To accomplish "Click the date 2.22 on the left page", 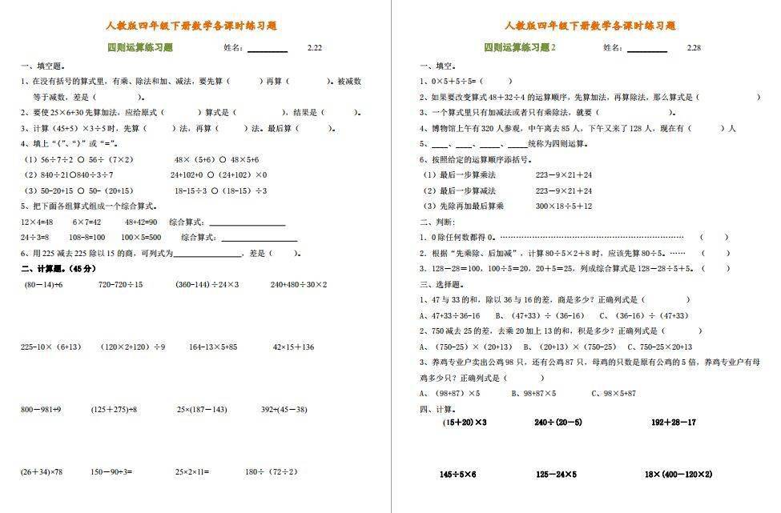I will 315,48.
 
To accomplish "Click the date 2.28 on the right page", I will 694,48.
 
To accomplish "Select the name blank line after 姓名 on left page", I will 268,50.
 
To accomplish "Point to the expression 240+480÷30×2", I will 299,284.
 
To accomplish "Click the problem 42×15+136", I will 293,347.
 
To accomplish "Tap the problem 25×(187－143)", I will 202,409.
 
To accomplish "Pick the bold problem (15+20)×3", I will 465,422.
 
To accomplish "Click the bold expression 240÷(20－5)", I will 558,422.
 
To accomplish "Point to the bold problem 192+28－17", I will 674,422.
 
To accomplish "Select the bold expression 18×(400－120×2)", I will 678,474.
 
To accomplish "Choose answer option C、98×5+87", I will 614,393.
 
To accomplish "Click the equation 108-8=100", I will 87,237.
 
